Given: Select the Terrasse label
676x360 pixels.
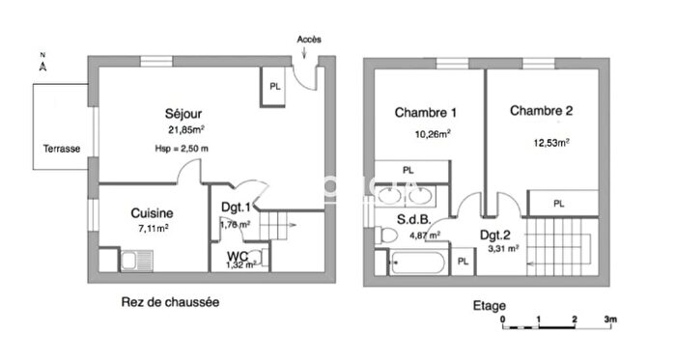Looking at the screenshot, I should click(x=61, y=149).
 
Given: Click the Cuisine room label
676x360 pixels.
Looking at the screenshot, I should click(x=152, y=213).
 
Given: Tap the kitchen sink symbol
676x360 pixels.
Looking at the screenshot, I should click(x=136, y=261).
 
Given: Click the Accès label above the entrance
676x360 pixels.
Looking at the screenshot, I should click(x=309, y=40).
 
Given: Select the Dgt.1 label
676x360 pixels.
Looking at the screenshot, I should click(x=237, y=207).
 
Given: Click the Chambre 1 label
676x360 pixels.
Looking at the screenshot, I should click(x=426, y=112).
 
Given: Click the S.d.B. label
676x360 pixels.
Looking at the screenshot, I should click(x=414, y=219).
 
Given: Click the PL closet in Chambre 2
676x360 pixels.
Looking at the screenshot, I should click(x=560, y=204).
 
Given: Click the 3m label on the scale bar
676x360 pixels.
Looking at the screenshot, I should click(x=610, y=318).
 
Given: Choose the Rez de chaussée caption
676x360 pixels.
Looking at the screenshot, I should click(x=170, y=301).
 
